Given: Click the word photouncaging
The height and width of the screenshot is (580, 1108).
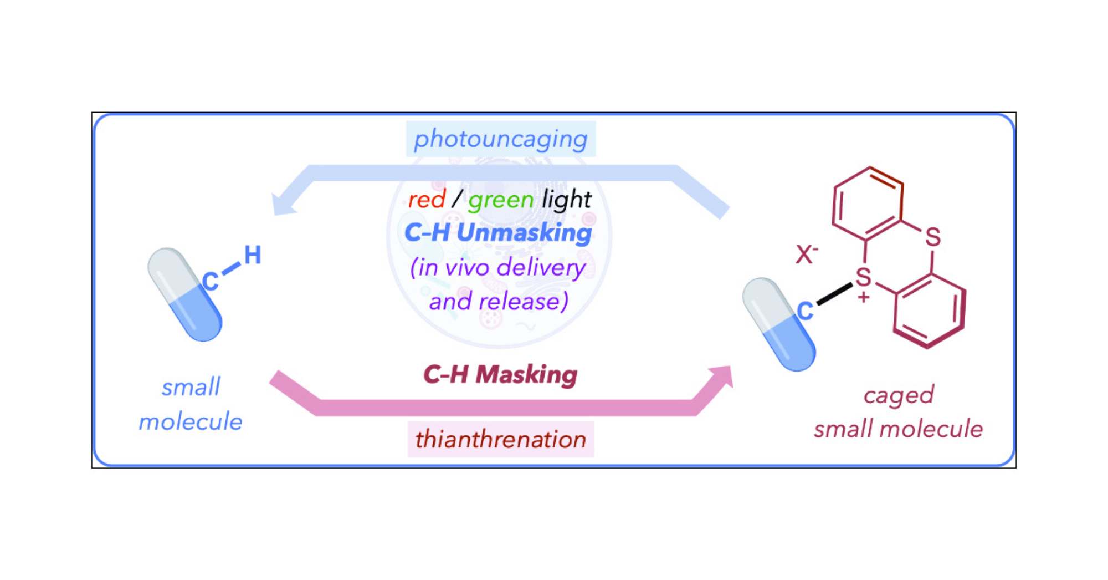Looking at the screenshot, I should click(500, 139).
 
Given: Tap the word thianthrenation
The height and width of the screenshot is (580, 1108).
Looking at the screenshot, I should click(500, 440).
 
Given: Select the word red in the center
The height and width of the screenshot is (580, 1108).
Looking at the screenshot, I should click(427, 200).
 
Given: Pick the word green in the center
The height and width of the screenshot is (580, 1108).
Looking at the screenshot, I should click(501, 200).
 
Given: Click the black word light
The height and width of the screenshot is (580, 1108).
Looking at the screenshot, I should click(566, 200).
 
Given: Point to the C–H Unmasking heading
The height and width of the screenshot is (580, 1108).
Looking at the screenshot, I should click(498, 233).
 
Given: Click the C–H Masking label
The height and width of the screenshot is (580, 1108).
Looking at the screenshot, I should click(500, 375).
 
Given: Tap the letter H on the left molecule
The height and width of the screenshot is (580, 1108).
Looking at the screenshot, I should click(253, 256).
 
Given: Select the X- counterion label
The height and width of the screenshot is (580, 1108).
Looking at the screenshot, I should click(806, 255).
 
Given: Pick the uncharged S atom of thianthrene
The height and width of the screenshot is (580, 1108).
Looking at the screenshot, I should click(933, 238).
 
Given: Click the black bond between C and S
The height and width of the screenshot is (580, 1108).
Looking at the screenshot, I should click(834, 294).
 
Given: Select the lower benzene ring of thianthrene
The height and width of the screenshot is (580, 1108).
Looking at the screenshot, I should click(930, 311).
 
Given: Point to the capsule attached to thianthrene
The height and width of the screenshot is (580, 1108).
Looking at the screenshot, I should click(778, 324).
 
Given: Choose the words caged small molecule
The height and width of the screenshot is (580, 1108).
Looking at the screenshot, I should click(898, 412).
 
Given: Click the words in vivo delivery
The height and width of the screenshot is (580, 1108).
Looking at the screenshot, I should click(498, 268).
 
